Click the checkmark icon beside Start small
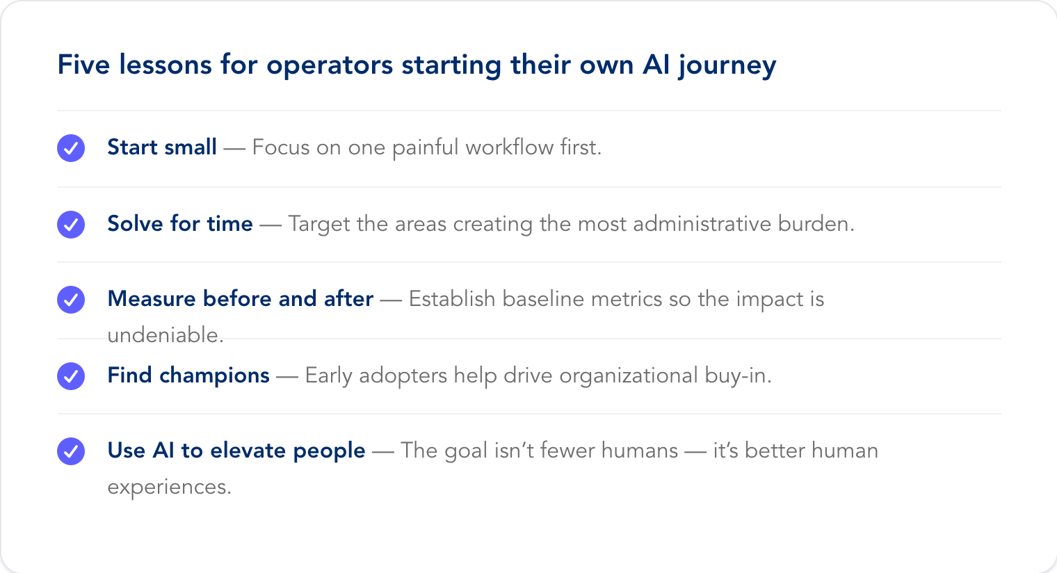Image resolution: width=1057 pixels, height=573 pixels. coord(71,148)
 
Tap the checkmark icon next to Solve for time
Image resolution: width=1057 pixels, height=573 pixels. coord(71,224)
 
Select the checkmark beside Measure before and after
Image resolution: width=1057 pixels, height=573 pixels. coord(71,300)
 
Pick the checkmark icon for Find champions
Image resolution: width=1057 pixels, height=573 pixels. coord(71,376)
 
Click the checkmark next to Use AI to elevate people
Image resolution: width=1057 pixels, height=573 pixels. coord(71,451)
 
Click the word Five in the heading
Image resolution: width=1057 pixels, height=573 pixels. coord(83,64)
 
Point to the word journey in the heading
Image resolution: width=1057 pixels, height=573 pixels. coord(727,66)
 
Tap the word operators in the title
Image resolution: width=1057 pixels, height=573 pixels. coord(330,66)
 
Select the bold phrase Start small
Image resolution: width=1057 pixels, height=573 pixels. coord(162,147)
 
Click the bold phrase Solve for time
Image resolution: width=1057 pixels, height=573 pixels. coord(180,223)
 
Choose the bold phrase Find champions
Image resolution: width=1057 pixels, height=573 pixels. coord(188,376)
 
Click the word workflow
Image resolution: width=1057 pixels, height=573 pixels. coord(509,147)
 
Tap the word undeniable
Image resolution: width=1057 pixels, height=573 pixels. coord(166,334)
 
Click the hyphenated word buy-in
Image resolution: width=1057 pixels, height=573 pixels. coord(738,376)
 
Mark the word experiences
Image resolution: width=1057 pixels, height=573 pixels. coord(170,487)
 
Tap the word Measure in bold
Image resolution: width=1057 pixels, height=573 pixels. coord(152,299)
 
